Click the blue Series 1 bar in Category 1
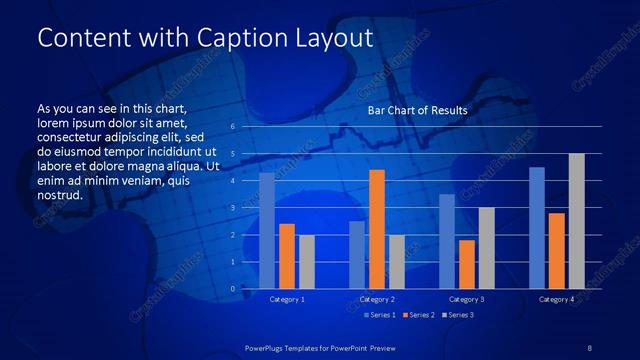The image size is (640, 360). tap(267, 231)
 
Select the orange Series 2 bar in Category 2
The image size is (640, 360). tap(377, 229)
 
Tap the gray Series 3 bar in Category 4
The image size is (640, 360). tap(577, 221)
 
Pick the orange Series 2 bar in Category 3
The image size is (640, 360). tap(467, 264)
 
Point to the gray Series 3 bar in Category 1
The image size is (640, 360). tap(307, 261)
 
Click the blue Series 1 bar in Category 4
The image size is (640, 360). tap(537, 228)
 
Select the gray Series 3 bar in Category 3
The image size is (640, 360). tap(487, 248)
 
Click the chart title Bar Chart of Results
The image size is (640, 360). tap(418, 109)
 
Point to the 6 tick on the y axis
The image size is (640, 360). tap(232, 127)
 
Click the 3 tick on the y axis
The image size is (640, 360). tap(232, 208)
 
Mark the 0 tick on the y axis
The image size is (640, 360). tap(232, 289)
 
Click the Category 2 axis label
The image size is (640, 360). tap(377, 299)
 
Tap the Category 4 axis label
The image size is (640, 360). tap(557, 299)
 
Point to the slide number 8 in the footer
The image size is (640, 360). tap(589, 346)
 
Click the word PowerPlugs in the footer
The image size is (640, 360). tap(268, 346)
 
